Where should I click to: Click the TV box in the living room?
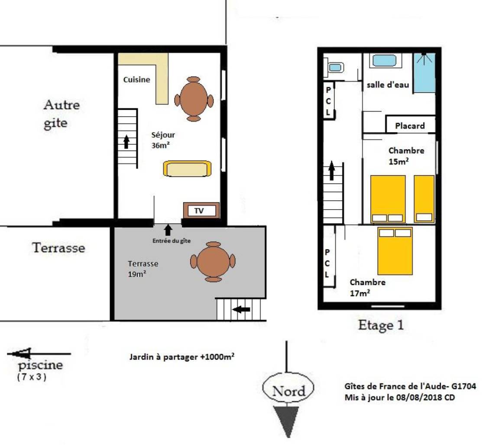click(x=201, y=211)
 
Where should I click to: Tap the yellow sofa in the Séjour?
click(x=187, y=169)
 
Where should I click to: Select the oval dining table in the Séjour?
click(x=194, y=99)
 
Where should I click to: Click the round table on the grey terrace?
click(x=213, y=262)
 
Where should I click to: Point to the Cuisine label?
click(x=136, y=80)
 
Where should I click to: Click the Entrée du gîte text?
click(x=172, y=241)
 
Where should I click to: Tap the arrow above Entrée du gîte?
click(x=168, y=230)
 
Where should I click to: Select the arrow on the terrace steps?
click(x=241, y=309)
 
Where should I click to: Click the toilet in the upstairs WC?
click(x=334, y=68)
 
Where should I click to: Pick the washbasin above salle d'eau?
click(x=384, y=61)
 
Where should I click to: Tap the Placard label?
click(x=410, y=126)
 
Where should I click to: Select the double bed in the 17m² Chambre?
click(x=395, y=251)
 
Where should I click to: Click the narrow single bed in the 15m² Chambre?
click(x=424, y=199)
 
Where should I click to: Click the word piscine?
click(x=40, y=365)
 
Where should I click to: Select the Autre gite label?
click(x=62, y=114)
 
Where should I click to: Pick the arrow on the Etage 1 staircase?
click(x=332, y=170)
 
